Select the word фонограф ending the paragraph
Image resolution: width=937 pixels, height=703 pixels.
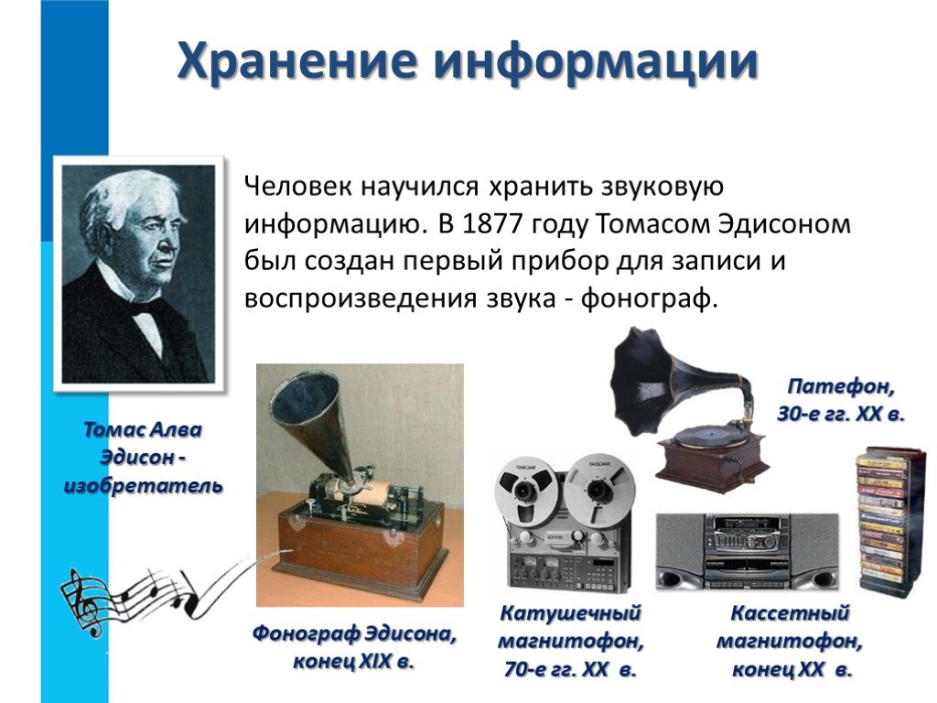click(x=649, y=298)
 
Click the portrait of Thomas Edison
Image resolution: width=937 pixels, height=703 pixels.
click(x=139, y=274)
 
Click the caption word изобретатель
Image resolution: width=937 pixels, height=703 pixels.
click(x=144, y=486)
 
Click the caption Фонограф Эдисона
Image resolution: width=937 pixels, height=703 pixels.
click(x=354, y=633)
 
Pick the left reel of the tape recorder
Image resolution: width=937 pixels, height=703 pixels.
click(x=526, y=491)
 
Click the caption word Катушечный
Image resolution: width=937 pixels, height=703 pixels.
click(x=570, y=612)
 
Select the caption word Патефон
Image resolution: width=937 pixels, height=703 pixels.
click(x=841, y=387)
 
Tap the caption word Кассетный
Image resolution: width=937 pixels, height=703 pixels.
click(x=790, y=612)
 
